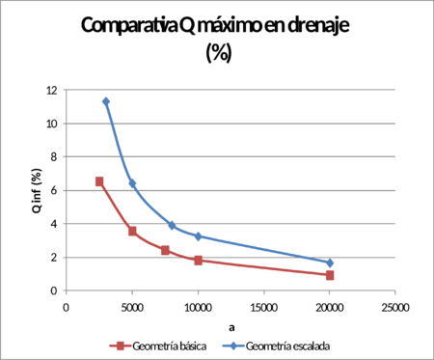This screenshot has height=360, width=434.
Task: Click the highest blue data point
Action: [106, 101]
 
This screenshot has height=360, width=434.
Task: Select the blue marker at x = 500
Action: [132, 183]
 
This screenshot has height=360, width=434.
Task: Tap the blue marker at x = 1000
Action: [198, 236]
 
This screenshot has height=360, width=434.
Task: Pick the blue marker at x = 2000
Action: [330, 263]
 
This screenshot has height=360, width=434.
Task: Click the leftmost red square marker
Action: [99, 181]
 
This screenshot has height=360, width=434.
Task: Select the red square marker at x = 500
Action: [132, 232]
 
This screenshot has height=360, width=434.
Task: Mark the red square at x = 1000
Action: [198, 261]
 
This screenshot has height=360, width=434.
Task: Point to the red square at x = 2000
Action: [330, 275]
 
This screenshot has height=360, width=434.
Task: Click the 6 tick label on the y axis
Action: [55, 190]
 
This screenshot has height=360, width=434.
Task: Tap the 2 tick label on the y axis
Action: [55, 257]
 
